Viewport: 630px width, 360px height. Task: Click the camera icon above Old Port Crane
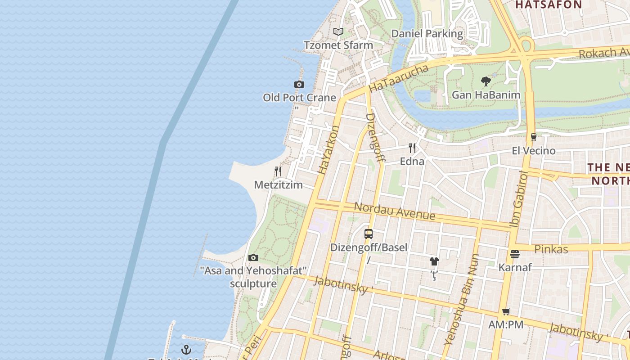[299, 84]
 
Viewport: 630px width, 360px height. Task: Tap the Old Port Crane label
[299, 98]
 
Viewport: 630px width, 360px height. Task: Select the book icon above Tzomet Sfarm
[338, 31]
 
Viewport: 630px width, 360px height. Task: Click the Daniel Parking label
[427, 34]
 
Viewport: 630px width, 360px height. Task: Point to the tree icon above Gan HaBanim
[486, 81]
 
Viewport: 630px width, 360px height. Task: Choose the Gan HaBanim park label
[486, 95]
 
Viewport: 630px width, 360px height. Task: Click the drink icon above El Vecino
[534, 137]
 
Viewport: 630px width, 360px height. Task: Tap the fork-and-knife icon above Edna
[412, 148]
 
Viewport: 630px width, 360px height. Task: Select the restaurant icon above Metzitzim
[278, 171]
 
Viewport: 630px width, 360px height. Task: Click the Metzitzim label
[278, 185]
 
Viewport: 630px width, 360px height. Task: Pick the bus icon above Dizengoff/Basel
[369, 234]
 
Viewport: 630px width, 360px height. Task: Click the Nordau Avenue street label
[394, 211]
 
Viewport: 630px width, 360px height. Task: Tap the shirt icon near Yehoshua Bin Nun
[434, 261]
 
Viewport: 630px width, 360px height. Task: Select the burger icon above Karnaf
[515, 254]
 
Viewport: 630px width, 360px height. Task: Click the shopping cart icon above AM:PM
[506, 311]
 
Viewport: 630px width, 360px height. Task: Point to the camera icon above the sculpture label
[253, 257]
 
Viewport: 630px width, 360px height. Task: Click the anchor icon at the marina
[186, 349]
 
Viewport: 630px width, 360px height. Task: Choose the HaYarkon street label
[328, 150]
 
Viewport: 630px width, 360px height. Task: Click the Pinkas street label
[551, 249]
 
